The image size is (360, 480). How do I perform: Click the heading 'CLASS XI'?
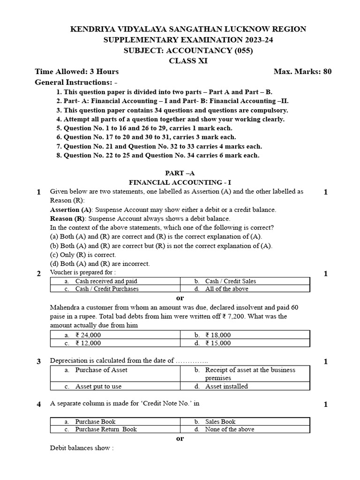pos(187,60)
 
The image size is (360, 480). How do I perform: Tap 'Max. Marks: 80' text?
pos(302,72)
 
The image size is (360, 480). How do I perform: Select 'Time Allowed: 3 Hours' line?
pos(77,72)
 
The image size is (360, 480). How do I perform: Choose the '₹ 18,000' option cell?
pos(218,335)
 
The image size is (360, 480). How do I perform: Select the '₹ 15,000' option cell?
pos(218,343)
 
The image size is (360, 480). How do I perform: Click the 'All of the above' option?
pos(226,289)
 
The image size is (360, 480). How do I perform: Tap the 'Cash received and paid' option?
pos(106,281)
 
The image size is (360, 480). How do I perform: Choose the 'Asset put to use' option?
pos(98,386)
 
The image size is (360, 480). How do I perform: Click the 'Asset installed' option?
pos(226,386)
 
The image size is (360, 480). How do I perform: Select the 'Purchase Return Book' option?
pos(106,429)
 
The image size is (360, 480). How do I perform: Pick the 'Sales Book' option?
pos(220,421)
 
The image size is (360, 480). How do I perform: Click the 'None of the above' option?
pos(230,429)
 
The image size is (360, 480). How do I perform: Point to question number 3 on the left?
pos(39,361)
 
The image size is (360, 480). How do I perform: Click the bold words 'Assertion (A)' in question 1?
pos(71,210)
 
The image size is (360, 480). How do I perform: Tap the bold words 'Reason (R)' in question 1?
pos(67,218)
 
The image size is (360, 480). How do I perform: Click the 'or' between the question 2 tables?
pos(180,298)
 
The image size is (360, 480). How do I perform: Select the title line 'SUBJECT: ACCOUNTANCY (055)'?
pos(187,50)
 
